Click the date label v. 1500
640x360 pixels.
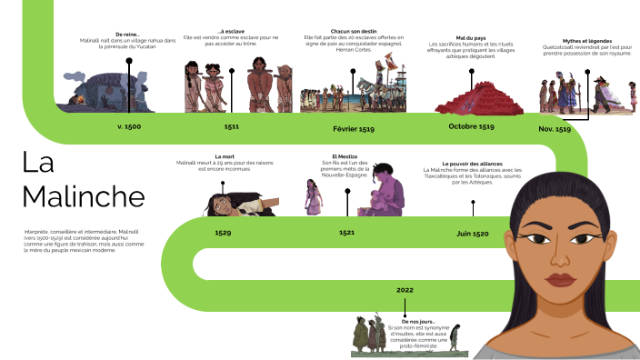click(x=129, y=126)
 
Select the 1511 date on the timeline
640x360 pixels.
click(x=232, y=127)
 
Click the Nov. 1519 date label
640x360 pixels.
click(x=555, y=129)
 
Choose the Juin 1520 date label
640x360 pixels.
click(x=473, y=234)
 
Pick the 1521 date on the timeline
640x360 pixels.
click(x=347, y=233)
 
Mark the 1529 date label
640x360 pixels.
click(x=223, y=233)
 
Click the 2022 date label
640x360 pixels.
click(x=405, y=289)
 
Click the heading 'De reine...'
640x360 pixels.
click(x=128, y=35)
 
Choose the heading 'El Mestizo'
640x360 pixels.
click(x=347, y=156)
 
